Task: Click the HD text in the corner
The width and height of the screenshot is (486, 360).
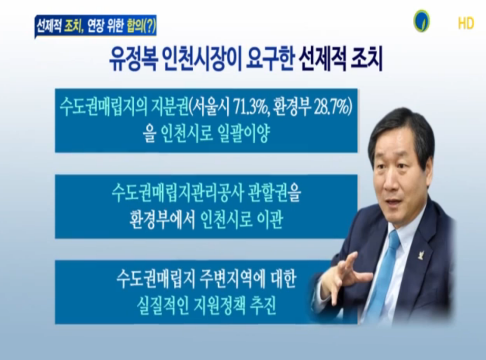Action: [x=466, y=23]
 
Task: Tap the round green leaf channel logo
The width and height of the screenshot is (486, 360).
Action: [x=421, y=21]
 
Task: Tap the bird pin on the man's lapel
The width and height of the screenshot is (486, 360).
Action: [x=420, y=255]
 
